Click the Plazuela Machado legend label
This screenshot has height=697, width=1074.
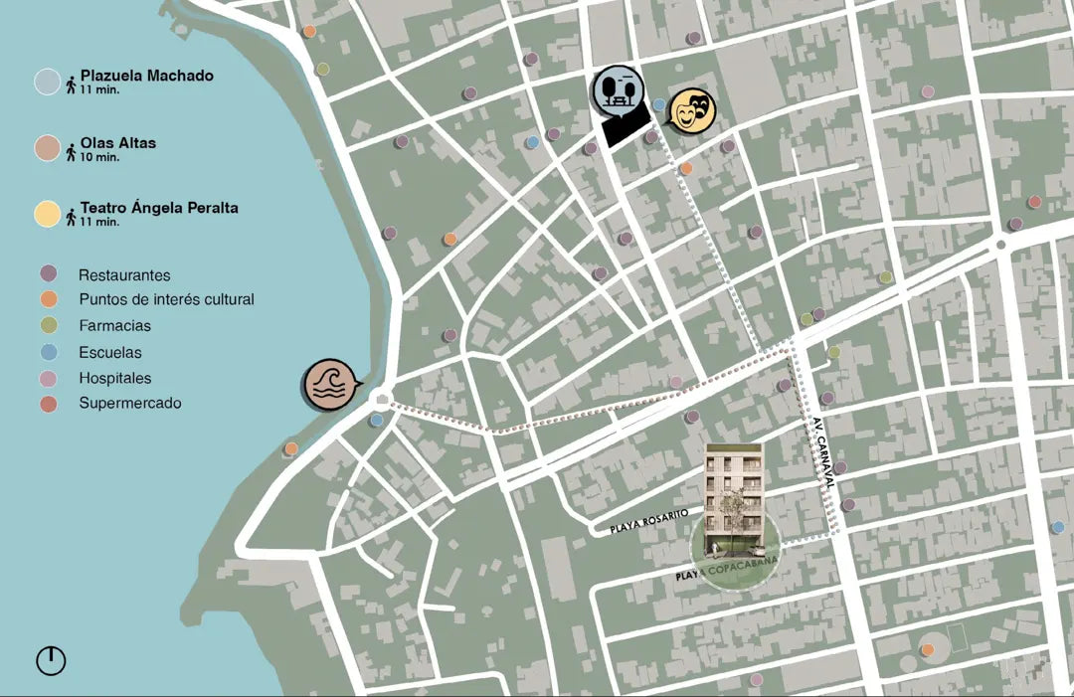(147, 76)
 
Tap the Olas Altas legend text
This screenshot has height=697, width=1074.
(118, 143)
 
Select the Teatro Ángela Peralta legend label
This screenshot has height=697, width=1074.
(159, 209)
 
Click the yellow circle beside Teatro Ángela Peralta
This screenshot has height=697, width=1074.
(48, 214)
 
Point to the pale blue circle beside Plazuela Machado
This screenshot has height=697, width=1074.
(48, 82)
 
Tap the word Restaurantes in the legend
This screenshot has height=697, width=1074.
(124, 275)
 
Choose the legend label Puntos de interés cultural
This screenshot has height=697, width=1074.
(166, 299)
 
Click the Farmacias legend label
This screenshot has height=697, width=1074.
(114, 325)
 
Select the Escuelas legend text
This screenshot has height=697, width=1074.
(110, 352)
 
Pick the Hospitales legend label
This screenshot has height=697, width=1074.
(115, 378)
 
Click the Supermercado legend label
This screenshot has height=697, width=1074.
(130, 404)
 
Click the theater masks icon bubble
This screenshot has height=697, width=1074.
(689, 110)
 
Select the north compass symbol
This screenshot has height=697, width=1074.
(51, 660)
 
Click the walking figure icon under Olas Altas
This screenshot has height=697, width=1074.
(72, 152)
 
